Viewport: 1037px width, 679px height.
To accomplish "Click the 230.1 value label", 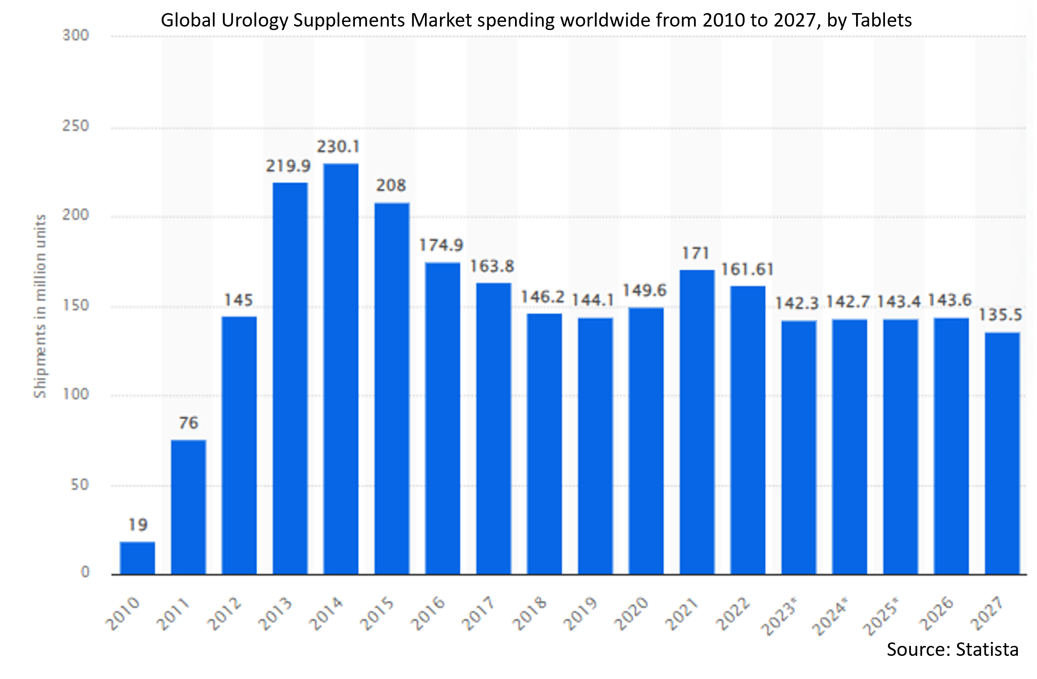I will [x=338, y=147].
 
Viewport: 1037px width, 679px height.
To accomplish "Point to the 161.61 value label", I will [x=747, y=269].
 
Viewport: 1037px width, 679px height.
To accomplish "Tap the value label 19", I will [x=138, y=525].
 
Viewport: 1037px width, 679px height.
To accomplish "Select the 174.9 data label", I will [x=441, y=245].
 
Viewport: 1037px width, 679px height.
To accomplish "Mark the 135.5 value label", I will [x=1000, y=315].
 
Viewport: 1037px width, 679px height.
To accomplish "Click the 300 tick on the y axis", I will [x=76, y=35].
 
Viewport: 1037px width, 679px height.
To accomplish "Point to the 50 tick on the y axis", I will [x=80, y=485].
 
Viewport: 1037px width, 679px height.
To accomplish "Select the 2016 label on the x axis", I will [x=428, y=614].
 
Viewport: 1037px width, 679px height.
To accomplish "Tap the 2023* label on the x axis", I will [x=779, y=616].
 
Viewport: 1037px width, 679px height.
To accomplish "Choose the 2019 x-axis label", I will [x=581, y=614].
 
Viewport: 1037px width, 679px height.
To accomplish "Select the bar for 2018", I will [x=544, y=444].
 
